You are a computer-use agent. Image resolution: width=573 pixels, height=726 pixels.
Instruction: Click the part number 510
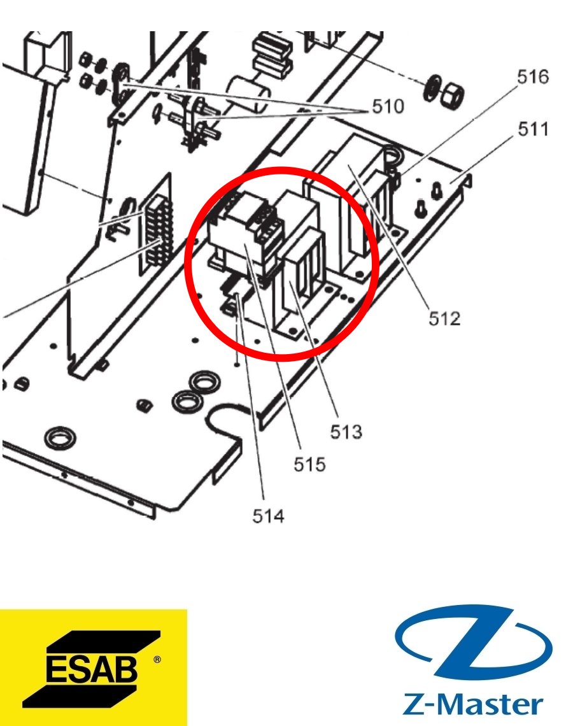(x=388, y=106)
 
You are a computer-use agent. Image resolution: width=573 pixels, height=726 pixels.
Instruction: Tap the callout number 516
(x=533, y=77)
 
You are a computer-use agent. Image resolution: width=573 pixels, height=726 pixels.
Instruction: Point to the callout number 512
(x=444, y=318)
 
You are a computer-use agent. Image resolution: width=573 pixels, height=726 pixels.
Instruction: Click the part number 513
(x=346, y=432)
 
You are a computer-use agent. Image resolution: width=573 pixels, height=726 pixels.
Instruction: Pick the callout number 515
(x=309, y=464)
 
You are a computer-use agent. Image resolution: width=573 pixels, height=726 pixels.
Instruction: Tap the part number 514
(x=268, y=516)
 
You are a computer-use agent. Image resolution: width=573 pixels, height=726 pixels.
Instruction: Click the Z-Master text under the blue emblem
(x=472, y=704)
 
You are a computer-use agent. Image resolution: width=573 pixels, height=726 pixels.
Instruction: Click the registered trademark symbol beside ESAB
(x=157, y=659)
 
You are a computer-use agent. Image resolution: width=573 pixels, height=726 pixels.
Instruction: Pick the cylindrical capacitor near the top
(x=248, y=94)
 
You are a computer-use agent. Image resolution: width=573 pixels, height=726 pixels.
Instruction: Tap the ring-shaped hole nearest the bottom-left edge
(x=60, y=437)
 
